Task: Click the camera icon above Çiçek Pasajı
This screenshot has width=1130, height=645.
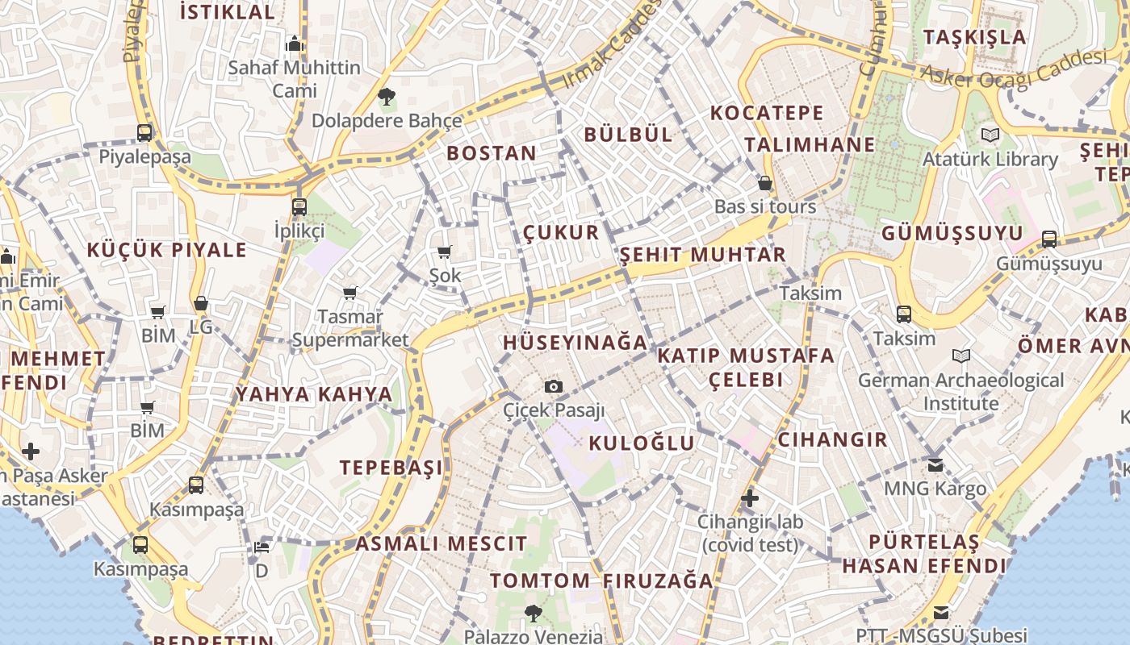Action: pos(553,387)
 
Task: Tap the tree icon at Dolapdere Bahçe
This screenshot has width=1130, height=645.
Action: pos(387,98)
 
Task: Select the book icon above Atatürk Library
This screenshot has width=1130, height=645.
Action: pos(990,135)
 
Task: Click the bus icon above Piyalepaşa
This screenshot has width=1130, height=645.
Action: pos(144,133)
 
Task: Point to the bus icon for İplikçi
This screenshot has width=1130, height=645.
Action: pos(299,207)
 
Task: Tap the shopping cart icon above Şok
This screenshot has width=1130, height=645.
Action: pos(444,252)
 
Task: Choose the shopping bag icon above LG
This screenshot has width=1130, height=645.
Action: pos(201,304)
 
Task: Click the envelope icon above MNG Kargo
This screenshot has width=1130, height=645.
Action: pos(935,465)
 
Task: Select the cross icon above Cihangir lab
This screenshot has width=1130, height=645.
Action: pos(750,498)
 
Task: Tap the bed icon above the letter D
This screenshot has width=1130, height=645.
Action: pos(262,547)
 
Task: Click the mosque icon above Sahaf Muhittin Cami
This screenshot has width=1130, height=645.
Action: pos(294,43)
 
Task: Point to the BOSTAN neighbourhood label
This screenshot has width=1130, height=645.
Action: pos(492,153)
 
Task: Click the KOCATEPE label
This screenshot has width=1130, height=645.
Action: pos(767,113)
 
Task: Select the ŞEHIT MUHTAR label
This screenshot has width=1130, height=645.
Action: pos(702,255)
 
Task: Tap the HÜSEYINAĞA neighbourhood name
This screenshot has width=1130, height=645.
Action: pos(575,343)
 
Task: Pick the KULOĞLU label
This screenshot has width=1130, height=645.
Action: pos(642,443)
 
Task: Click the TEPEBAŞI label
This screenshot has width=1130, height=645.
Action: pos(391,468)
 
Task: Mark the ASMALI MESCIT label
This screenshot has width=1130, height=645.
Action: pos(442,543)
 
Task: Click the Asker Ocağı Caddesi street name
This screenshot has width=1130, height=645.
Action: pos(1015,69)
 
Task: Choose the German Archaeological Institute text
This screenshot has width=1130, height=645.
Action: pos(960,391)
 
